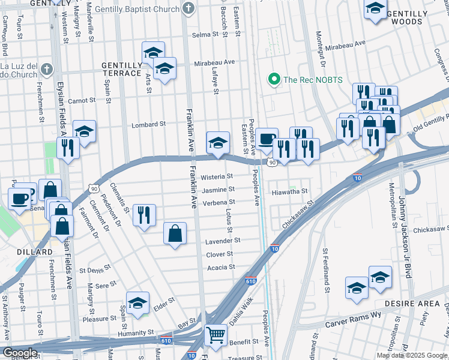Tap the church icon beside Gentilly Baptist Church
pos(188,9)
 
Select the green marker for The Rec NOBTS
pos(274,79)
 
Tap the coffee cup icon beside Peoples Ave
pos(267,137)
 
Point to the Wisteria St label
pos(217,177)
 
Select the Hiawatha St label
pos(290,192)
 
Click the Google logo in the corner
pos(19,353)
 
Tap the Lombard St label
pos(148,125)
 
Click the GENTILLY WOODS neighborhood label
pos(412,17)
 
